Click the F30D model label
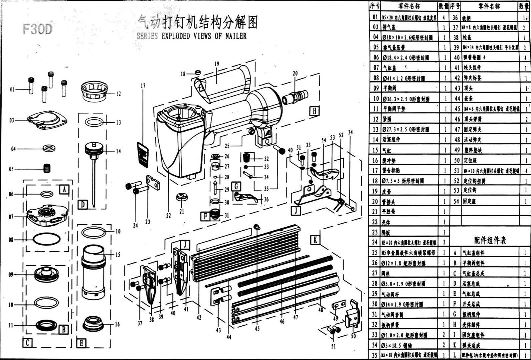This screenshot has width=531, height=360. tap(38, 29)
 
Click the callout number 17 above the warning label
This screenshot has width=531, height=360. tap(143, 86)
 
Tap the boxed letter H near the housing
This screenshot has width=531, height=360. tap(314, 111)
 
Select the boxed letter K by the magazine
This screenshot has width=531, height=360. tap(315, 239)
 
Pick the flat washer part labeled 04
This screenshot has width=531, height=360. tap(49, 148)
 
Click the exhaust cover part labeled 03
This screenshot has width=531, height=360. tap(47, 120)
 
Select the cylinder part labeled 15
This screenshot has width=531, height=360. tap(94, 272)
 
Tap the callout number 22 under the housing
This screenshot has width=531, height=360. tap(168, 216)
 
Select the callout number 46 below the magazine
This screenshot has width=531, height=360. tap(282, 321)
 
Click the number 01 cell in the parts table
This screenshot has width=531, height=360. tap(375, 17)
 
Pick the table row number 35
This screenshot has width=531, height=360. tap(375, 355)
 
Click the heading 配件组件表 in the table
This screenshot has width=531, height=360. tap(490, 240)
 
